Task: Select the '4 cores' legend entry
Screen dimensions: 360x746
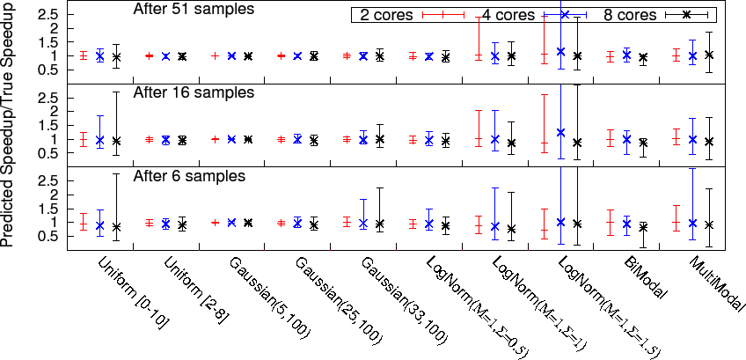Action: coord(507,15)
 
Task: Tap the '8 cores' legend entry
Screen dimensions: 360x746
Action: coord(629,15)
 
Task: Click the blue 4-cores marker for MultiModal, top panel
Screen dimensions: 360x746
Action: coord(693,56)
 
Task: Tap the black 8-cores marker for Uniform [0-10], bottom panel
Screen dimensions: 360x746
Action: coord(116,227)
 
